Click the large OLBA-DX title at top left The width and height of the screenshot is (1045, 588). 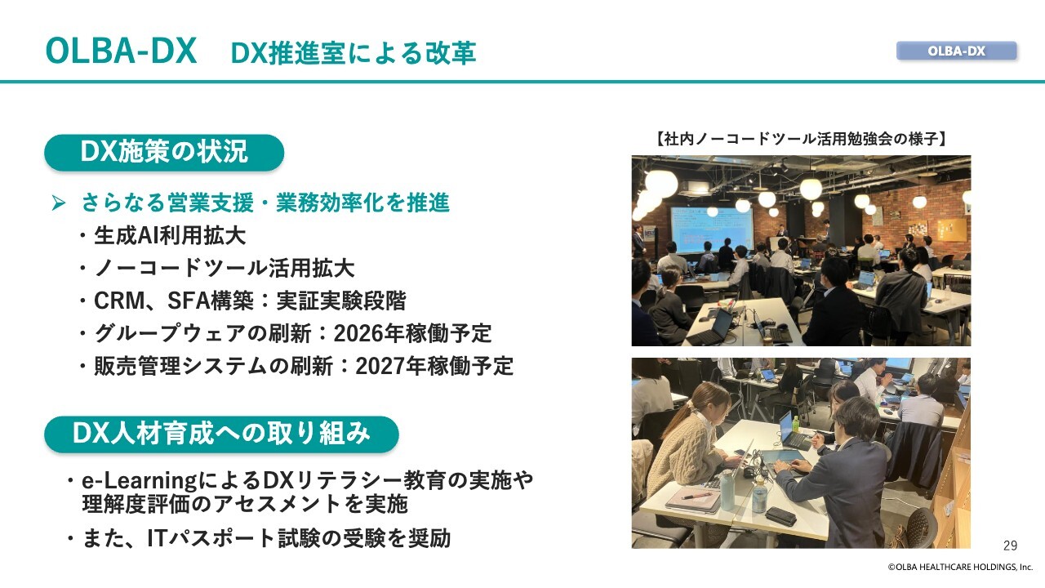coord(121,51)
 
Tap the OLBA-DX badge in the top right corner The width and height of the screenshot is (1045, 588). coord(956,51)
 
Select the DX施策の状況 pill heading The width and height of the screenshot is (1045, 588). coord(164,152)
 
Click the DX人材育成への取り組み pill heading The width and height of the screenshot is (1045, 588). coord(221,434)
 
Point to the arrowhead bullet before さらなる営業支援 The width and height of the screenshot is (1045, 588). coord(59,203)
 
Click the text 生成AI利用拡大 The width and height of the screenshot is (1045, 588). coord(170,235)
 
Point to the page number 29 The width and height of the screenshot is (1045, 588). coord(1010,546)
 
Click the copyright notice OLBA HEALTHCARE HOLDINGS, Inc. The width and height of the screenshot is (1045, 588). coord(960,567)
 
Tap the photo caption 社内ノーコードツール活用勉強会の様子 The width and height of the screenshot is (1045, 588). coord(801,139)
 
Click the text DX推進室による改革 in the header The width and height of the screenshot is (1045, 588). coord(354,53)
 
